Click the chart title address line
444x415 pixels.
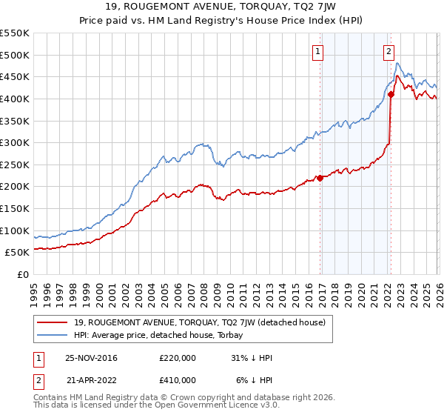pyautogui.click(x=222, y=7)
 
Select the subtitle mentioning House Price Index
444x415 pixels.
pyautogui.click(x=222, y=20)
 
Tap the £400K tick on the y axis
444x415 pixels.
pyautogui.click(x=15, y=99)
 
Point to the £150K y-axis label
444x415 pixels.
pyautogui.click(x=15, y=209)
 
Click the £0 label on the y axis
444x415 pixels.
pyautogui.click(x=22, y=275)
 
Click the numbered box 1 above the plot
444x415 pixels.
pyautogui.click(x=317, y=52)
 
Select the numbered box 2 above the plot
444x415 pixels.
pyautogui.click(x=388, y=52)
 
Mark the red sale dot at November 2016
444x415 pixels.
pyautogui.click(x=320, y=178)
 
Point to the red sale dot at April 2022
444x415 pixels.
pyautogui.click(x=391, y=94)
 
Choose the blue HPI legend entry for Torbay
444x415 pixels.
pyautogui.click(x=160, y=335)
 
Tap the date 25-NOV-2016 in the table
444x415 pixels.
pyautogui.click(x=91, y=358)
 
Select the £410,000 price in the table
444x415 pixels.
pyautogui.click(x=178, y=379)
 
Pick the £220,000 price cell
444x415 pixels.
pyautogui.click(x=178, y=358)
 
